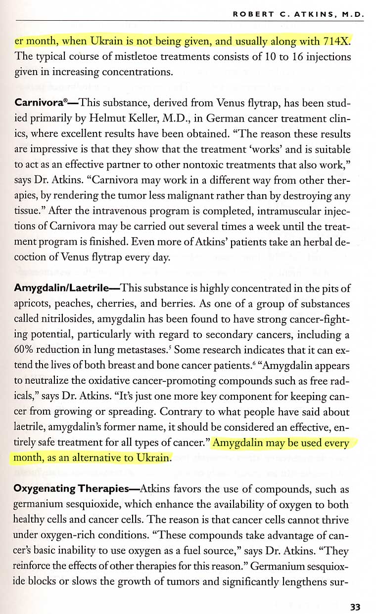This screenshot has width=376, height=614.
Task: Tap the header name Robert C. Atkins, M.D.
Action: [x=299, y=14]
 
